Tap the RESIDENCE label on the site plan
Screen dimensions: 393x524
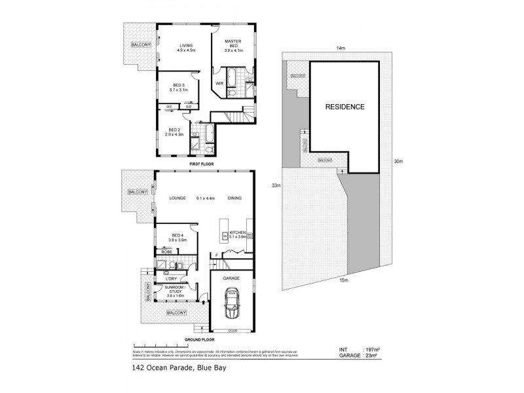tap(345, 106)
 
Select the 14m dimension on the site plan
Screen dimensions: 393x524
tap(340, 48)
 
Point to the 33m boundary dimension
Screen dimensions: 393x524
tap(276, 185)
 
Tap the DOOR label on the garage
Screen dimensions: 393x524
tap(231, 330)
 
